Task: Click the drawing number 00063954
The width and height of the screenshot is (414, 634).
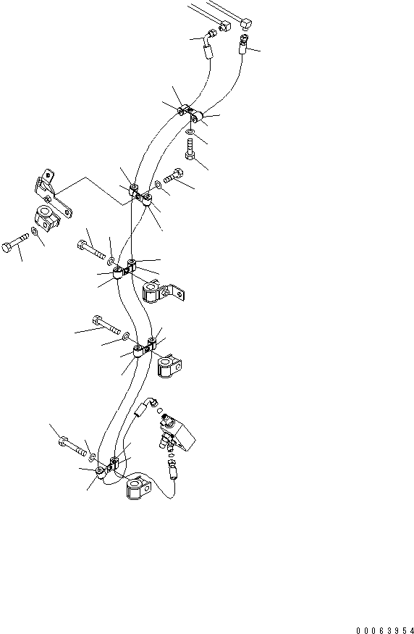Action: (x=385, y=630)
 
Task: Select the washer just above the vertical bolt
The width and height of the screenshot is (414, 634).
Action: (x=190, y=132)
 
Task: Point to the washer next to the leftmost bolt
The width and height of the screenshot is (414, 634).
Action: (x=34, y=231)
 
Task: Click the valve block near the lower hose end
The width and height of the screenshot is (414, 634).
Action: (x=178, y=435)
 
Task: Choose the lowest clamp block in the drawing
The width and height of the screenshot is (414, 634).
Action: (x=138, y=488)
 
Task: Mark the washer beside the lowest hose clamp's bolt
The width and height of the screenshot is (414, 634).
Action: (x=92, y=457)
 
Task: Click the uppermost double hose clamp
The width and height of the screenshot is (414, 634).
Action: (x=189, y=113)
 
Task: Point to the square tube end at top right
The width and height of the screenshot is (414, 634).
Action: (x=246, y=23)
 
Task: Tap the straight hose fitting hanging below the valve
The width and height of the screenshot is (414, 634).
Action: (x=172, y=468)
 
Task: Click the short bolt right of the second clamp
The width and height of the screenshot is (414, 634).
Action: (x=174, y=175)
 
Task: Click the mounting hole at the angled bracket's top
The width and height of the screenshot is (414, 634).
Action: (x=47, y=176)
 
